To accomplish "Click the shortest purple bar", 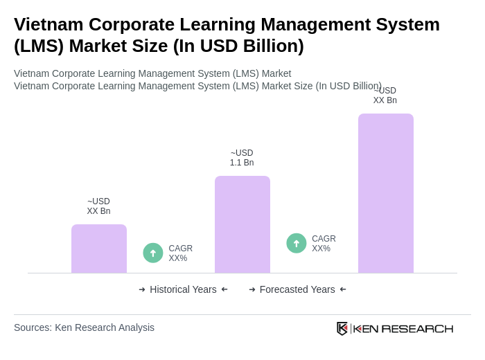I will click(99, 249).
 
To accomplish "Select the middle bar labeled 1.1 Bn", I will click(242, 224).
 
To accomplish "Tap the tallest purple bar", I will click(386, 193).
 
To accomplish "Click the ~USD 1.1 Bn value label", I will click(242, 158).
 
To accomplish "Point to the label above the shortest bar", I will click(98, 206).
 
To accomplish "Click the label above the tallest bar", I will click(385, 96).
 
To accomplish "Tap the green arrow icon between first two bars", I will click(153, 253).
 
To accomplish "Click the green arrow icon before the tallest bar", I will click(297, 243).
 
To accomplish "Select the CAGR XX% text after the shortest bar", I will click(180, 253).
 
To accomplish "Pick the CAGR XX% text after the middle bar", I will click(324, 244).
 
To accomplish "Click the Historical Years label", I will click(183, 289).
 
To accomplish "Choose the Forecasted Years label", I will click(297, 289).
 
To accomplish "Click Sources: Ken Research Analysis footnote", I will click(84, 327).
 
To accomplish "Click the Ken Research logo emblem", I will click(342, 328).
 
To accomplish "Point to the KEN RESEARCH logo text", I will click(403, 328).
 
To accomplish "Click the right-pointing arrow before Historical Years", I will click(142, 289).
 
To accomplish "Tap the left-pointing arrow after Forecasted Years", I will click(343, 289).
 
